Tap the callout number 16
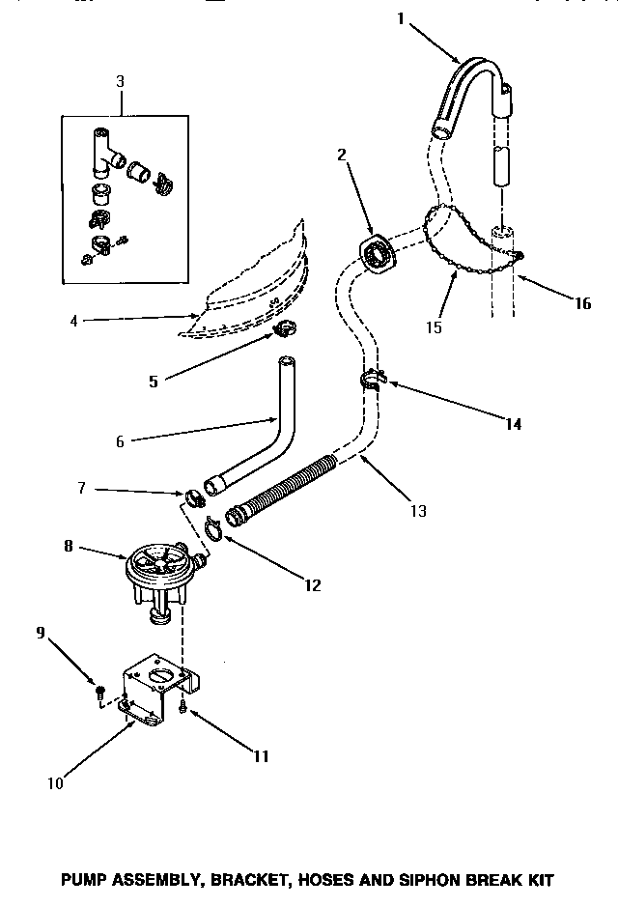click(x=581, y=303)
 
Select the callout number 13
click(x=417, y=511)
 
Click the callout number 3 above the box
click(x=120, y=81)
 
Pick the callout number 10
click(x=55, y=782)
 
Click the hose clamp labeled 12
click(x=217, y=527)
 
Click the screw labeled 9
click(x=99, y=690)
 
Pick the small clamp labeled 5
click(x=283, y=331)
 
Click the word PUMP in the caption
click(x=84, y=880)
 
